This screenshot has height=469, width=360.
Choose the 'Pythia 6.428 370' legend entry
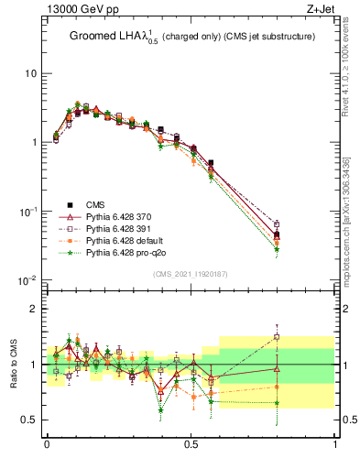point(125,216)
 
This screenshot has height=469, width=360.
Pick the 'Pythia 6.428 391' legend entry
point(125,228)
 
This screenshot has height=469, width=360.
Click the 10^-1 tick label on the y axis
point(27,212)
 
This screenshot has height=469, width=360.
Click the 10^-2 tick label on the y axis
point(27,280)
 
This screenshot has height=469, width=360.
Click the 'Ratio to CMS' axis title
point(13,365)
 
